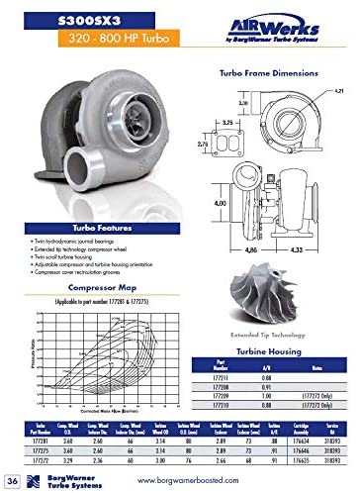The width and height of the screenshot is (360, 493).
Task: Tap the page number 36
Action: tap(12, 479)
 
